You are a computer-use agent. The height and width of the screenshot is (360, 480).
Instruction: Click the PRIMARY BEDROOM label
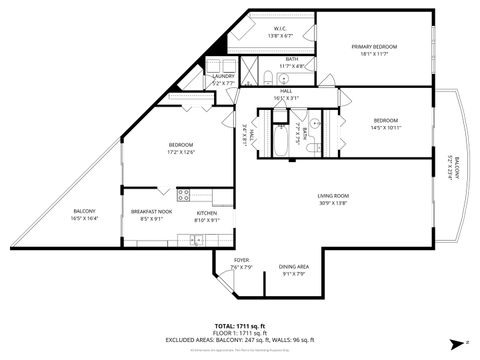point(374,47)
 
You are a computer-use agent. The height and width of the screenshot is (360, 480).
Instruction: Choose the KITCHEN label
point(207,213)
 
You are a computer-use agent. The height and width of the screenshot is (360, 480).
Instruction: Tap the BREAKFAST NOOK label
point(152,213)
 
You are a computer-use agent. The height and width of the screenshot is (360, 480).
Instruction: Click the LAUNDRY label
point(223,75)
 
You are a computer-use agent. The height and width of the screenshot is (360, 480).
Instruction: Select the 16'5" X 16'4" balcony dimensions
point(84,220)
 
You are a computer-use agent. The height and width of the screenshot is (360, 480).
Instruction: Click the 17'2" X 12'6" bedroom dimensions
point(181,153)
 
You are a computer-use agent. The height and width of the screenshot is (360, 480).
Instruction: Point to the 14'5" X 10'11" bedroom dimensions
point(386,127)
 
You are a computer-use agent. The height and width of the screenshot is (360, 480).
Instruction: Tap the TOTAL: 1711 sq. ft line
point(240,326)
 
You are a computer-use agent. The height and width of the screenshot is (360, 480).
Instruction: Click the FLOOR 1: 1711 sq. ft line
point(240,333)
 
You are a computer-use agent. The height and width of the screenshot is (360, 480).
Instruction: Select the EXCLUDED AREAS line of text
point(240,340)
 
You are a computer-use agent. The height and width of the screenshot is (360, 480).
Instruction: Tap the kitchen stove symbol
point(184,193)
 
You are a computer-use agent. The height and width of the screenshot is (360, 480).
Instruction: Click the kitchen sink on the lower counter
point(197,239)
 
